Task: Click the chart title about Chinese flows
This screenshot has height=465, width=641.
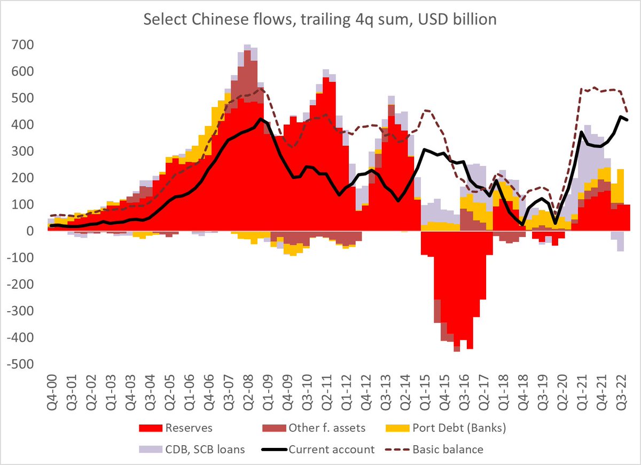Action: (320, 20)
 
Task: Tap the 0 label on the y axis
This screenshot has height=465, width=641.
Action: (32, 231)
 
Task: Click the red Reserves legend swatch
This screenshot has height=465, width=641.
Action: (150, 428)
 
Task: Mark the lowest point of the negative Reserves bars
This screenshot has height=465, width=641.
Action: (457, 351)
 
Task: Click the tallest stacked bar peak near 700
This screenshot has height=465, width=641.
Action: (247, 46)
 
